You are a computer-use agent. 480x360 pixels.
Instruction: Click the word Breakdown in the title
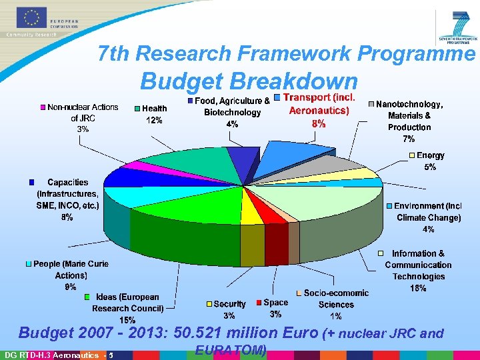(x=295, y=81)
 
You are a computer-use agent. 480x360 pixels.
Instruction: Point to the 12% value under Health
(x=154, y=120)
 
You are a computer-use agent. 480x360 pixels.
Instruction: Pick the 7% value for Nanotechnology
(x=409, y=139)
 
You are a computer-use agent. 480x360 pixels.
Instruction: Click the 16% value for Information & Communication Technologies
(x=419, y=288)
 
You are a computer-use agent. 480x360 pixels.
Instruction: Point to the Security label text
(x=229, y=304)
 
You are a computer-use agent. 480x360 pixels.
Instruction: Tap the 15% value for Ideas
(x=127, y=320)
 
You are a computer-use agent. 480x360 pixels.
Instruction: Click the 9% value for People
(x=70, y=287)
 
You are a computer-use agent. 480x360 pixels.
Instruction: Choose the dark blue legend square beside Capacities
(x=31, y=182)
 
